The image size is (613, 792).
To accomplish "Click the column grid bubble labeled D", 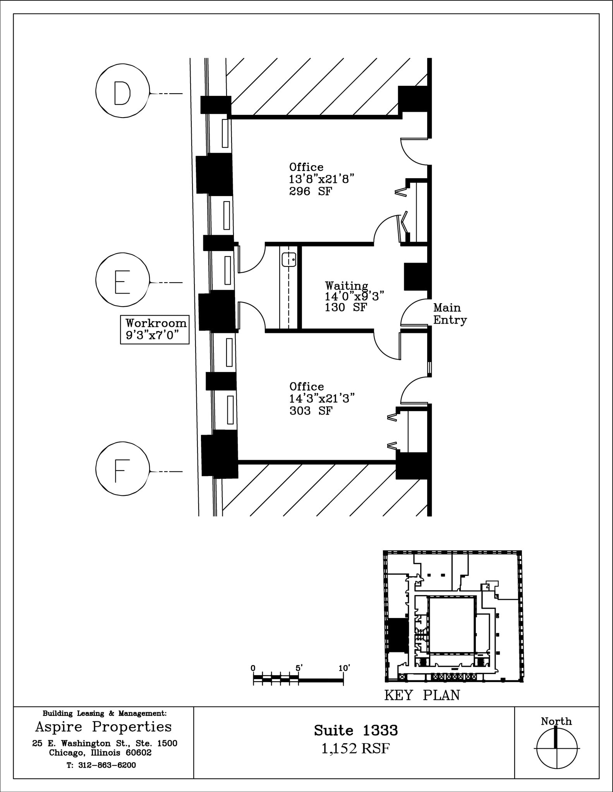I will point(122,91).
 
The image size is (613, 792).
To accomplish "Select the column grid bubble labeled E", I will point(122,279).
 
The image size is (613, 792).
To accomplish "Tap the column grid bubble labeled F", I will point(122,468).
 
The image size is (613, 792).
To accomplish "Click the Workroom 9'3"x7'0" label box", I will point(155,329).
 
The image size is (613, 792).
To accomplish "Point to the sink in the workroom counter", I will point(289,259).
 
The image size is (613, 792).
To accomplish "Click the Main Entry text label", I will point(450,314).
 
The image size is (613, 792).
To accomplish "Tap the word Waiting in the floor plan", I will point(346,286).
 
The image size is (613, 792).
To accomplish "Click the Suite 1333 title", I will point(355,730).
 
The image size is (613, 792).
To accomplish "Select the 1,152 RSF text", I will point(355,749).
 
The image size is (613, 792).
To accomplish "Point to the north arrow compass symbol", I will point(556,748).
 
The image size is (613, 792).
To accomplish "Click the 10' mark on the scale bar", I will point(344,668).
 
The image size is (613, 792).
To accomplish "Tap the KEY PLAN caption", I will point(422,695).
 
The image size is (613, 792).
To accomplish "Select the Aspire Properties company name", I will point(103,727).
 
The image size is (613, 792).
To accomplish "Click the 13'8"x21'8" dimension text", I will point(321,179).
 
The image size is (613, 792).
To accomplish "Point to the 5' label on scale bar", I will point(299,668).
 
